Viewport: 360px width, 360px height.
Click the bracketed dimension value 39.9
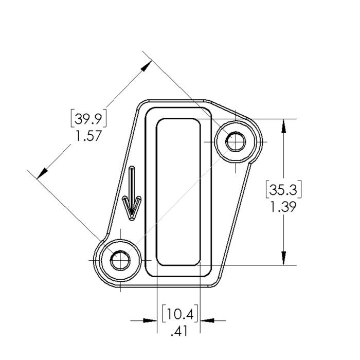pyautogui.click(x=88, y=119)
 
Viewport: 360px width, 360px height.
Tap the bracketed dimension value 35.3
pyautogui.click(x=283, y=190)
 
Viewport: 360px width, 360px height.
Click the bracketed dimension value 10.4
pyautogui.click(x=180, y=313)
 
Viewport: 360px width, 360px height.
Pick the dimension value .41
pyautogui.click(x=179, y=331)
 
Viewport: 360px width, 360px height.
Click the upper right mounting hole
pyautogui.click(x=236, y=141)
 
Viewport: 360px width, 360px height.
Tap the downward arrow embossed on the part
pyautogui.click(x=132, y=193)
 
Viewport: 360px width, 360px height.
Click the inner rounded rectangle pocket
pyautogui.click(x=178, y=192)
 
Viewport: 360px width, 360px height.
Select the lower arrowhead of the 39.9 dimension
pyautogui.click(x=42, y=173)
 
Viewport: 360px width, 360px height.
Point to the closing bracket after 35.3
pyautogui.click(x=300, y=189)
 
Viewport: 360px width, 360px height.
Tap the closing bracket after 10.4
pyautogui.click(x=197, y=313)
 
